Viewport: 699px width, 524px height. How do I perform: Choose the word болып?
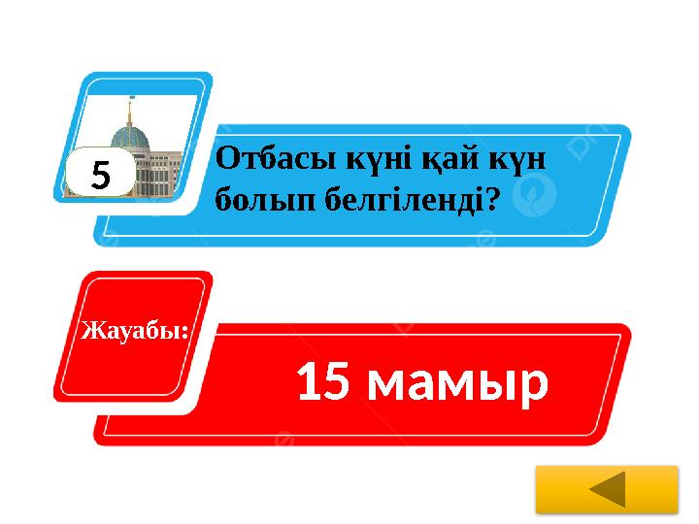(x=254, y=201)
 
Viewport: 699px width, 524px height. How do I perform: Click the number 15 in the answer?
(x=323, y=383)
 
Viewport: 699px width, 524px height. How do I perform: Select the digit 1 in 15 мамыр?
(x=310, y=383)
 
